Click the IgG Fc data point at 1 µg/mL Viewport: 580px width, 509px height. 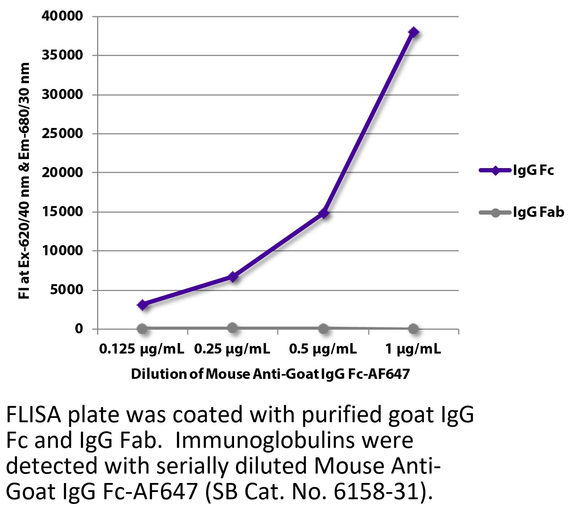pyautogui.click(x=414, y=32)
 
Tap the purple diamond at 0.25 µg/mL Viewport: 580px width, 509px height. pyautogui.click(x=233, y=277)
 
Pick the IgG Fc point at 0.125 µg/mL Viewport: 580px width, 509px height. pyautogui.click(x=142, y=305)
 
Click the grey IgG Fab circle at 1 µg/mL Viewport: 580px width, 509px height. pyautogui.click(x=414, y=329)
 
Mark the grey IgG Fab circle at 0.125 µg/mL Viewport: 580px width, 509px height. pyautogui.click(x=142, y=329)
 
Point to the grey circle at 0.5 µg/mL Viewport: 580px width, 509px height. pyautogui.click(x=324, y=329)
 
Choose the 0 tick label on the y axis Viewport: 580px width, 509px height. pyautogui.click(x=79, y=329)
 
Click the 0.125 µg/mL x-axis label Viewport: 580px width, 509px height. pyautogui.click(x=142, y=350)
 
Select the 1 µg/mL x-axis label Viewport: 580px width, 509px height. pyautogui.click(x=413, y=350)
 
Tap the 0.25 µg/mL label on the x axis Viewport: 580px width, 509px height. pyautogui.click(x=232, y=350)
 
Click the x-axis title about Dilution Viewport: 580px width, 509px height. pyautogui.click(x=270, y=373)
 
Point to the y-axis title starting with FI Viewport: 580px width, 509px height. pyautogui.click(x=24, y=181)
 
